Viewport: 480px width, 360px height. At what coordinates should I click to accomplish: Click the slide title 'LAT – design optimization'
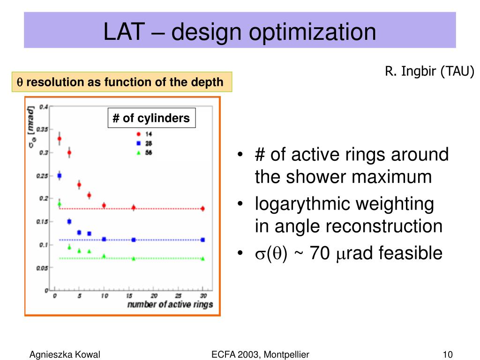[240, 32]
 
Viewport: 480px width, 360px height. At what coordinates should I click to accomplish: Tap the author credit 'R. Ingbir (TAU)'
[430, 71]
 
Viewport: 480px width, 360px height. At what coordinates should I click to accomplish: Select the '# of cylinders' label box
[151, 118]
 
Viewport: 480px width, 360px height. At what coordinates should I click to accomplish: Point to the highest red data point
[60, 139]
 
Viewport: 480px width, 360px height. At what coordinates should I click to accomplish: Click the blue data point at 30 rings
[202, 240]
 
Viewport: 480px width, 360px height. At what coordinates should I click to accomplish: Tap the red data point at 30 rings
[202, 209]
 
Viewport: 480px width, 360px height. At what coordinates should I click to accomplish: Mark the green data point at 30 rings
[202, 258]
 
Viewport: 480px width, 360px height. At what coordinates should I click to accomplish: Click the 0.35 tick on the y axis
[43, 129]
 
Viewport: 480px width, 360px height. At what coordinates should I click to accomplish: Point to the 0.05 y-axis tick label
[43, 268]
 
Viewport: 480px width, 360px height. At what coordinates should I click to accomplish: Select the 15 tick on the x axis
[129, 296]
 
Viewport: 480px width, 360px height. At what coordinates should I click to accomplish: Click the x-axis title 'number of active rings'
[170, 305]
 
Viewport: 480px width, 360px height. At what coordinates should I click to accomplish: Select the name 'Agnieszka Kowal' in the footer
[65, 354]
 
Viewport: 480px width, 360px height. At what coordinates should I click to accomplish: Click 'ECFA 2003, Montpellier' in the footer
[260, 354]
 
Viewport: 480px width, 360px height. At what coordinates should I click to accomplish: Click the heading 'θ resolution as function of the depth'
[121, 82]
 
